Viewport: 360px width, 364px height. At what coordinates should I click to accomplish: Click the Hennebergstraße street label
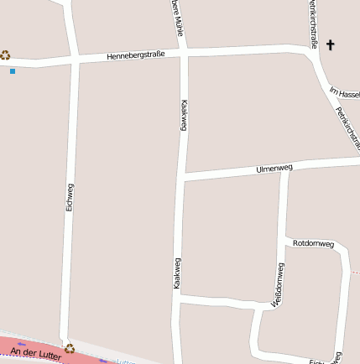coord(136,55)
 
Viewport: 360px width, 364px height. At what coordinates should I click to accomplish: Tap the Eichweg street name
coord(70,195)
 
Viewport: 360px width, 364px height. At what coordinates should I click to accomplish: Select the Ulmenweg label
coord(274,169)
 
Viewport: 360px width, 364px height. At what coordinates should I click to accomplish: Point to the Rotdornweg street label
coord(313,243)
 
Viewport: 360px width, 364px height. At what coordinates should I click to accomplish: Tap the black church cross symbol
coord(330,44)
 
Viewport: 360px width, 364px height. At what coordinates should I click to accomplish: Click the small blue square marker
coord(13,71)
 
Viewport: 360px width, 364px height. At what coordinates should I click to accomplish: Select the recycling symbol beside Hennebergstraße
coord(5,55)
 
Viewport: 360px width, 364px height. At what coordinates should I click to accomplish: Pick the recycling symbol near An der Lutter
coord(70,347)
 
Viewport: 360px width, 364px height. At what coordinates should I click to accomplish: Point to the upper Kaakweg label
coord(183,116)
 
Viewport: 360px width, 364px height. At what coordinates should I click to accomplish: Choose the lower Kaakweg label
coord(177,273)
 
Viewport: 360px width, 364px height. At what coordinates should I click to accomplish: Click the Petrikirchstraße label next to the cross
coord(312,23)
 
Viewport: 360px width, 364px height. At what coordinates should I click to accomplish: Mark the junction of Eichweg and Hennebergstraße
coord(75,60)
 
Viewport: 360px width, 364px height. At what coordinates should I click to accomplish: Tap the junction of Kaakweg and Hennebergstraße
coord(183,54)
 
